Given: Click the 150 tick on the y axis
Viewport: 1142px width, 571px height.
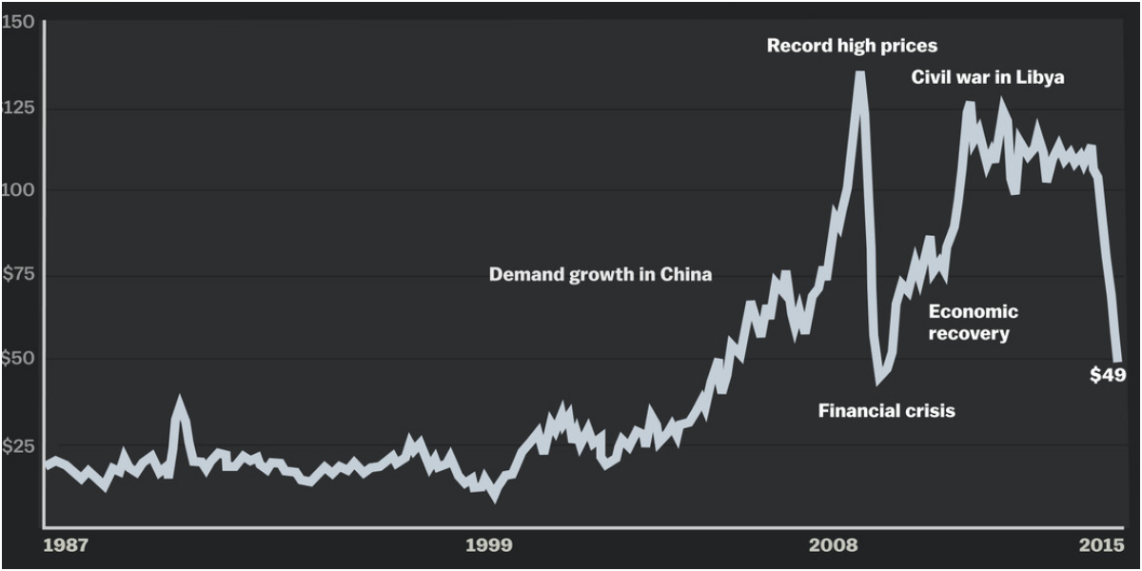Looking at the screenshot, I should pos(17,22).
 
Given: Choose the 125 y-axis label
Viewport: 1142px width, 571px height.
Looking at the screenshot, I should pos(18,108).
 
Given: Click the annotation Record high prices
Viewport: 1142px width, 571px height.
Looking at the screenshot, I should pos(852,46).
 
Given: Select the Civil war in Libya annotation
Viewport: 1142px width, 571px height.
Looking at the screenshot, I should pos(988,77).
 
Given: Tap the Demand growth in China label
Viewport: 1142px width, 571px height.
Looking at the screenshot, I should pos(601,275).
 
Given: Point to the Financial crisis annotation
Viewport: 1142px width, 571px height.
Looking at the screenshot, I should pos(886,411).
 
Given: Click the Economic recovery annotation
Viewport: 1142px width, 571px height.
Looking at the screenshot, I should pos(973,323).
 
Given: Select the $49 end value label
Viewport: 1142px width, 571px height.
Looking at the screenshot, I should pos(1108,375).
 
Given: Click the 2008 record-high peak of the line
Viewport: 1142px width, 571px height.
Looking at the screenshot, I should pos(859,73).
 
